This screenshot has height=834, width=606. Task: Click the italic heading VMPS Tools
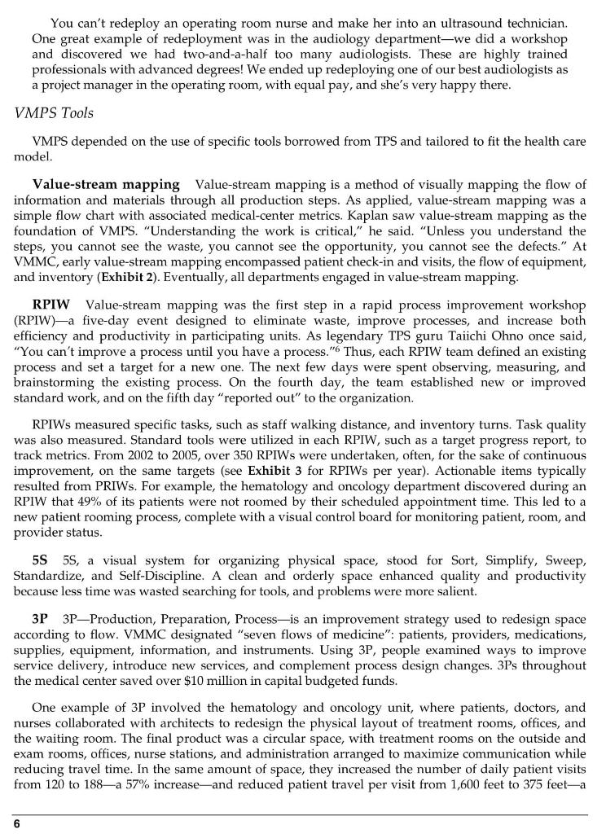coord(54,113)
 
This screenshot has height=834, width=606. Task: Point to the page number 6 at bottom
coord(16,823)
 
